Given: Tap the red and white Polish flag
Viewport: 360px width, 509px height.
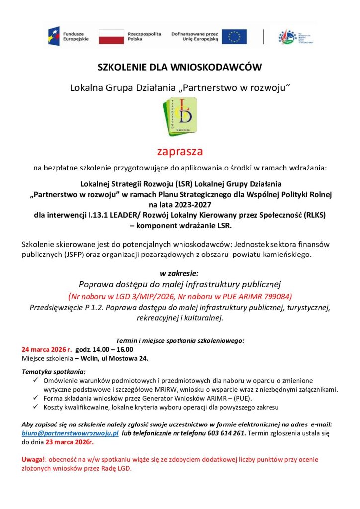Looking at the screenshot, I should point(111,36).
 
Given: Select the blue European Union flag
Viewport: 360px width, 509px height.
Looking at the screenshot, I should point(234,36).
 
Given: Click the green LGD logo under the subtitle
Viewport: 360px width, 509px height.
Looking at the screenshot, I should point(180,117).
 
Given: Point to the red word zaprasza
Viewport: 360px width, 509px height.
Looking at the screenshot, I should point(180,150).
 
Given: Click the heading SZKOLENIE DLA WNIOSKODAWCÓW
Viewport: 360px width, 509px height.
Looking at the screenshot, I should point(180,67).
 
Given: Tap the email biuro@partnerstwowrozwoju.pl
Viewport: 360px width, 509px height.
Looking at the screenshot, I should point(70,433).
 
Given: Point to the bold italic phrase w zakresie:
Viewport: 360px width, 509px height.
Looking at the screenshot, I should point(180,273).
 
